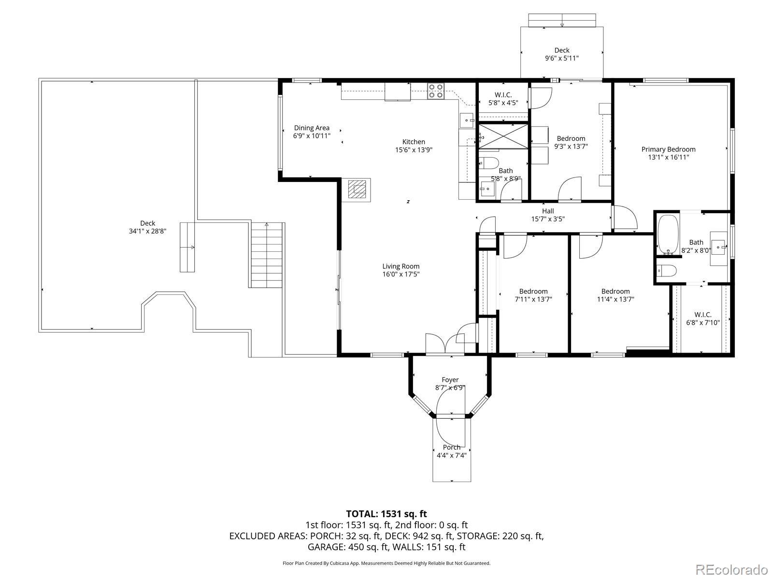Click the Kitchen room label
coord(414,142)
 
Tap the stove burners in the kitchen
coord(436,91)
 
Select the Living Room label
coord(401,266)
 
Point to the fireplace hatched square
coord(357,190)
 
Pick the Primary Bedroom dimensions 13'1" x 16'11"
coord(669,157)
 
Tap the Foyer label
coord(450,380)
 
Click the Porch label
coord(451,447)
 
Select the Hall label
coord(547,211)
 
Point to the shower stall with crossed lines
coord(503,136)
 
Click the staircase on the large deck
coord(267,255)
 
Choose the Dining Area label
coord(312,128)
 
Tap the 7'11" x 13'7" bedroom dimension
coord(533,299)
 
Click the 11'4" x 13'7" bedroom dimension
coord(616,299)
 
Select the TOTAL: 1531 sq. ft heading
coord(386,514)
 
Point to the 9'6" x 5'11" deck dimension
coord(562,58)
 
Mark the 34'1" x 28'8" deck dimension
coord(147,231)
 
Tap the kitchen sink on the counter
coord(467,120)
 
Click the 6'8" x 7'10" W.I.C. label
coord(702,322)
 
